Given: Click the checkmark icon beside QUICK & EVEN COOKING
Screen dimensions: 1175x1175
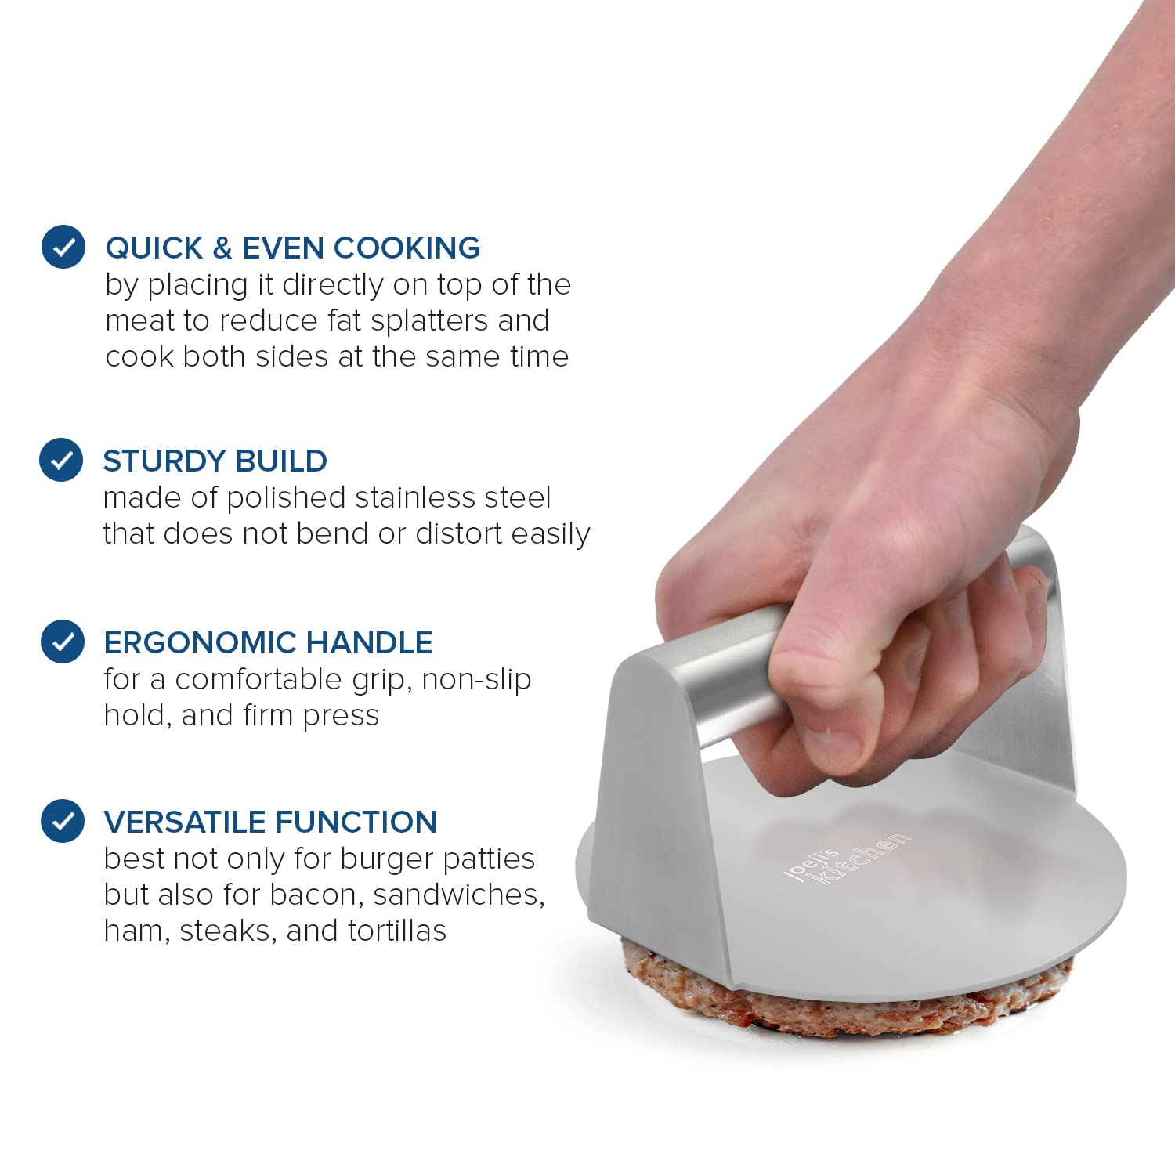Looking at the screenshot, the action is click(x=63, y=247).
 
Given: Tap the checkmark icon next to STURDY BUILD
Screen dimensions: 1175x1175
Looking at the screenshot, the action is click(x=61, y=460).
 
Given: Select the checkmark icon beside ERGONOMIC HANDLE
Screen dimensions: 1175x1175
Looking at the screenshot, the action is click(x=63, y=642).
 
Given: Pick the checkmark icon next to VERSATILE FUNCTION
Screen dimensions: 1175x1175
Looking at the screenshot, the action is click(x=63, y=821).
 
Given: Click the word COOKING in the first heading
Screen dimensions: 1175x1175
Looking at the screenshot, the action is click(x=407, y=248).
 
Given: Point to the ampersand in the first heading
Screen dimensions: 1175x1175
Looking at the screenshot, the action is click(x=222, y=248).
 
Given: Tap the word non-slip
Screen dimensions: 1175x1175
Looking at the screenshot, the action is click(x=476, y=680).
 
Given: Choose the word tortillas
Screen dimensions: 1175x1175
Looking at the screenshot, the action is click(x=397, y=931).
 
